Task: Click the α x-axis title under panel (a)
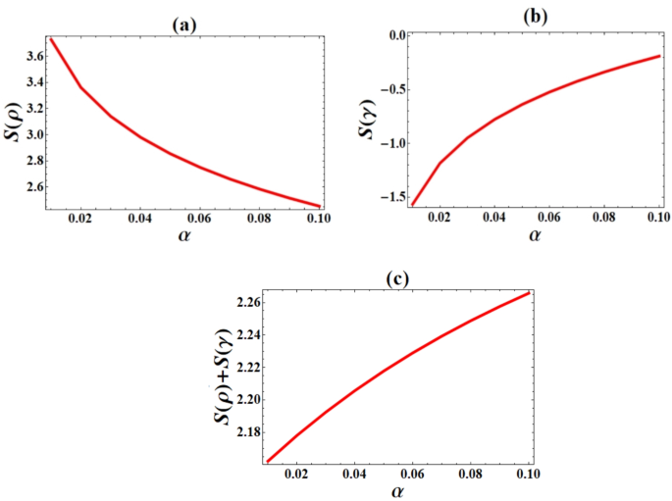pyautogui.click(x=181, y=239)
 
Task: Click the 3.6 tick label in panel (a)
pyautogui.click(x=30, y=57)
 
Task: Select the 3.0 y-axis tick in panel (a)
pyautogui.click(x=30, y=133)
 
